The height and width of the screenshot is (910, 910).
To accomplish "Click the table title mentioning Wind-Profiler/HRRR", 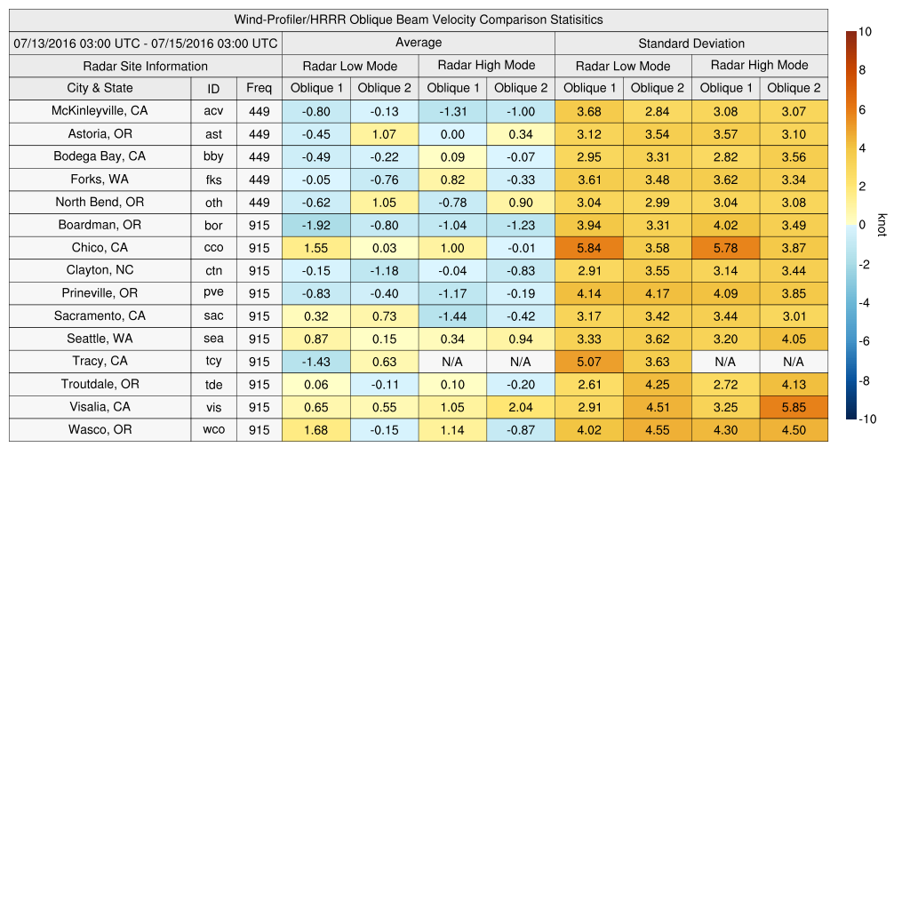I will [x=419, y=20].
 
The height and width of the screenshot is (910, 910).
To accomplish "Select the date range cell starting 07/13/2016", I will [x=146, y=43].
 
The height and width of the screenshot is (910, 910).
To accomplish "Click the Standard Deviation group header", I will [x=691, y=43].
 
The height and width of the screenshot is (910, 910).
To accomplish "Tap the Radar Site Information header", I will [x=146, y=66].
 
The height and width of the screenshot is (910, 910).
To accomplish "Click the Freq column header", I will [x=259, y=88].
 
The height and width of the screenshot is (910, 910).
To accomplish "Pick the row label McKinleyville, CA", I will [x=100, y=111].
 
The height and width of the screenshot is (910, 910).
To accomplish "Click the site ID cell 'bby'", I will [x=213, y=156].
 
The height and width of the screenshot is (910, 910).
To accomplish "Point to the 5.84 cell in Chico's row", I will [x=588, y=248].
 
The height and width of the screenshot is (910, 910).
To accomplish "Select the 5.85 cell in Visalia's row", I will [x=794, y=407].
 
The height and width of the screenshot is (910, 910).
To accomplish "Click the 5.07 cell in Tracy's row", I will [x=588, y=362].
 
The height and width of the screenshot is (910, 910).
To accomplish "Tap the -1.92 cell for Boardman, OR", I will [x=315, y=225].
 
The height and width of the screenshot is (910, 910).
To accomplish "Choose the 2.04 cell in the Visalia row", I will [x=521, y=407].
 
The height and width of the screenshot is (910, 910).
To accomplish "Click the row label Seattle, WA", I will [x=100, y=339].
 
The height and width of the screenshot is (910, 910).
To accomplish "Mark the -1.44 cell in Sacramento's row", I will [x=452, y=315].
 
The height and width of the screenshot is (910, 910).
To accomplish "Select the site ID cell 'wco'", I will [x=213, y=430].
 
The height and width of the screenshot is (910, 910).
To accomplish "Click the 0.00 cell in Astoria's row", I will [x=452, y=134].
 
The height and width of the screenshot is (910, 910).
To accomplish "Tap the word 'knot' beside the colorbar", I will [x=882, y=225].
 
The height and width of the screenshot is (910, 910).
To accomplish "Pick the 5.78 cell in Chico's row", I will [x=725, y=248].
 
